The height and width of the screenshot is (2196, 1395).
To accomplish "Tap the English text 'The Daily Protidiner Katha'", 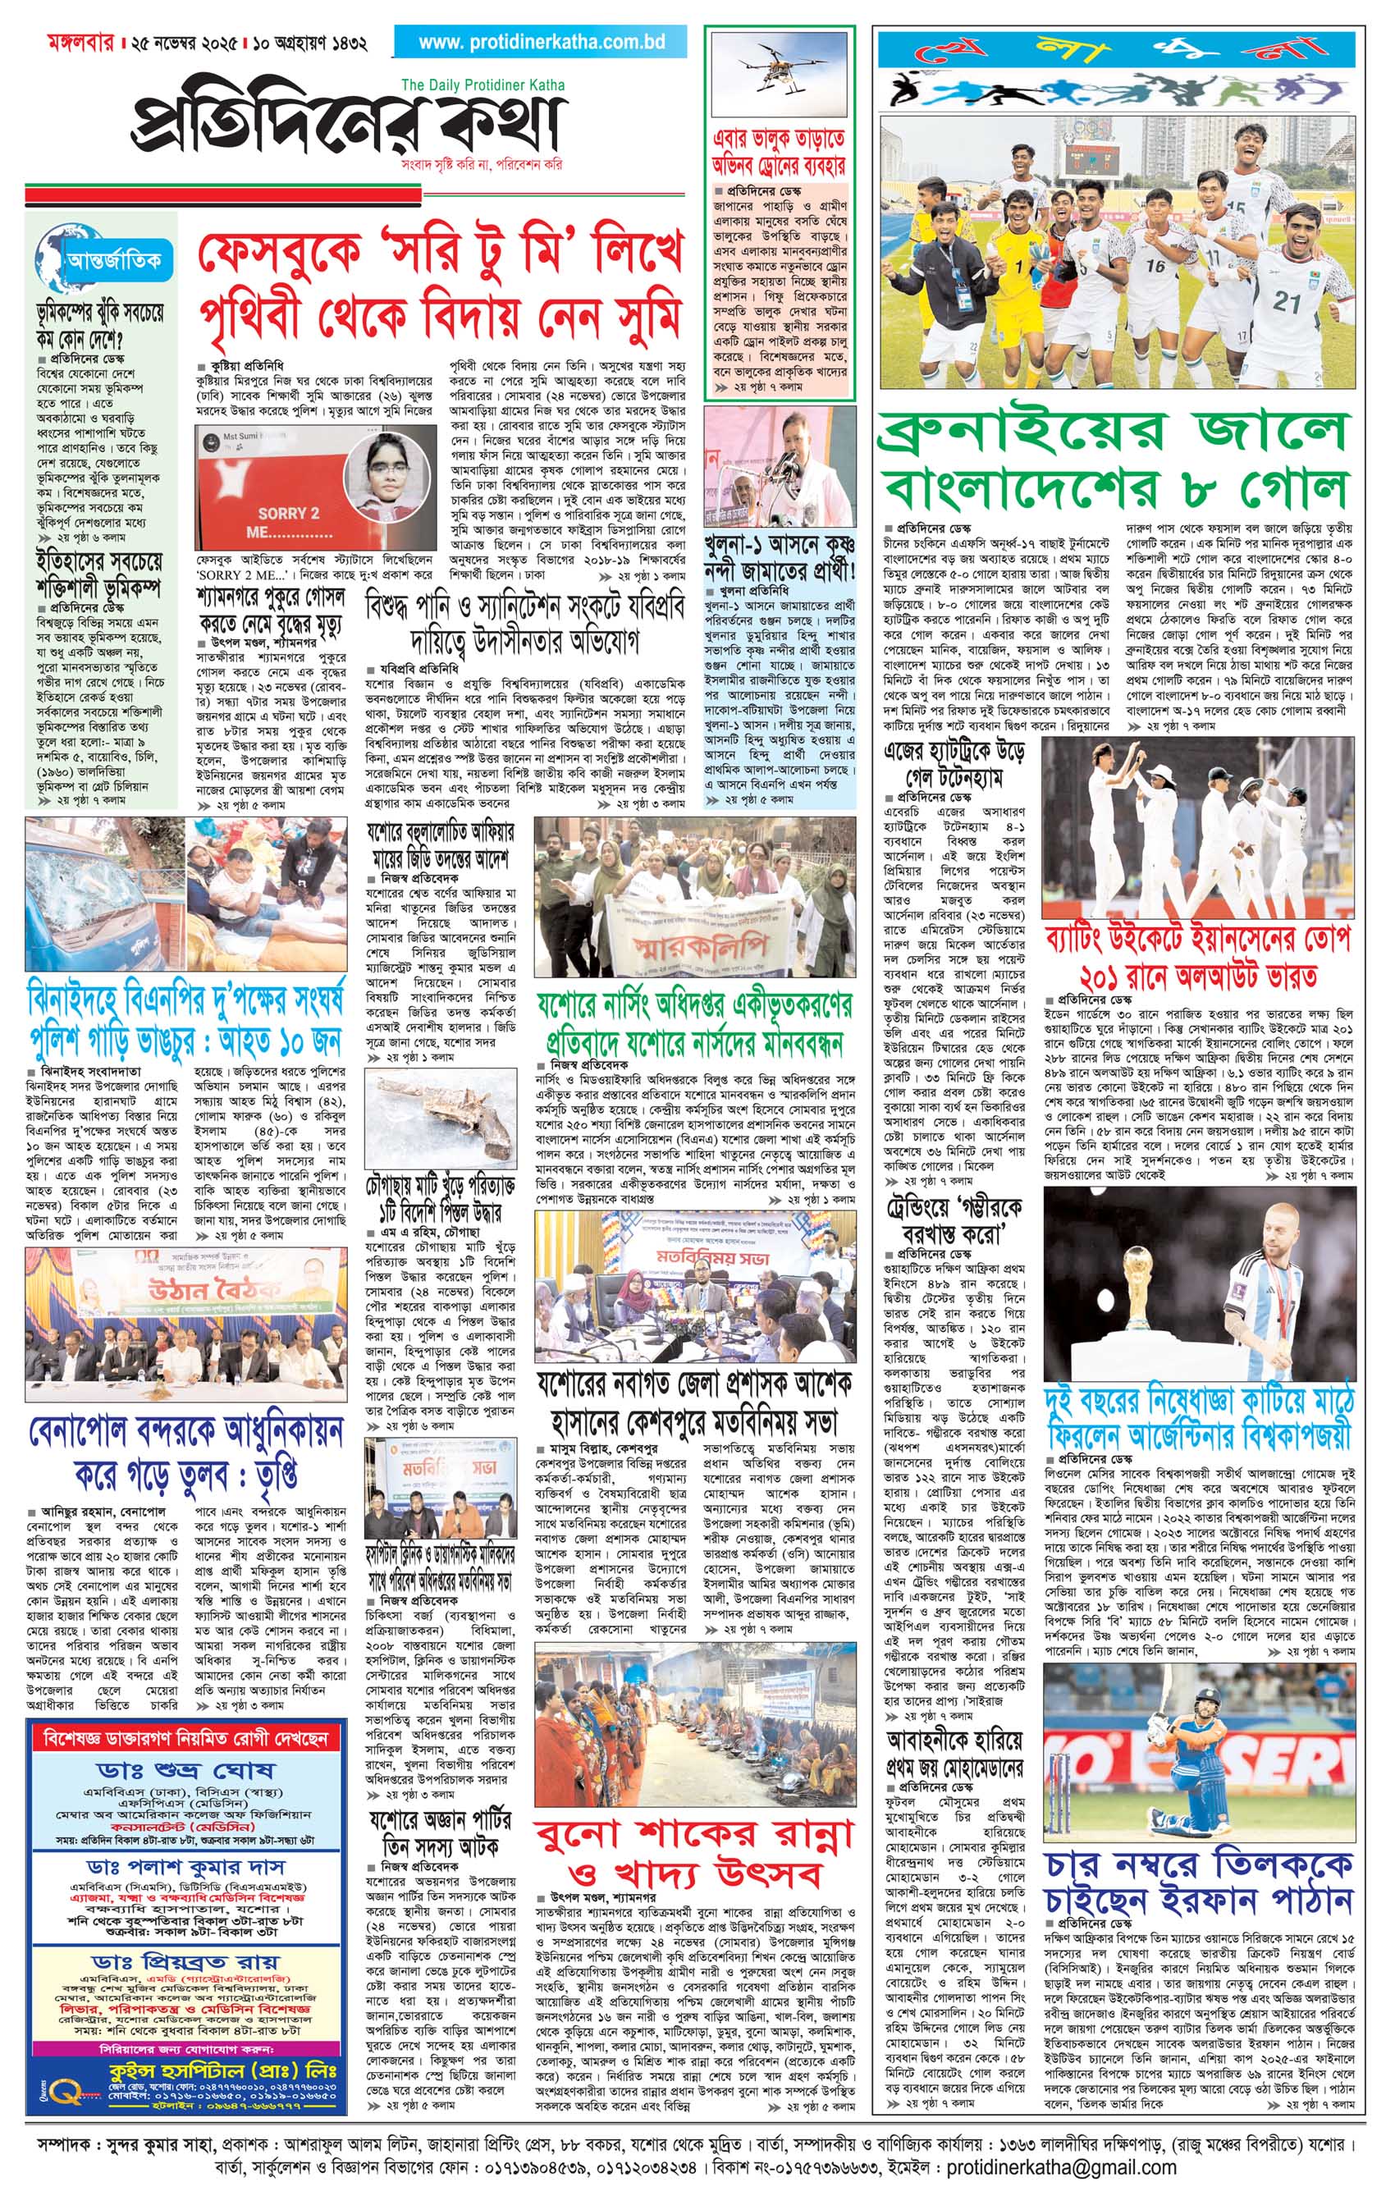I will pos(483,85).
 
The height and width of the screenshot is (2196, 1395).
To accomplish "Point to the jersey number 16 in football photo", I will pos(1155,266).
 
